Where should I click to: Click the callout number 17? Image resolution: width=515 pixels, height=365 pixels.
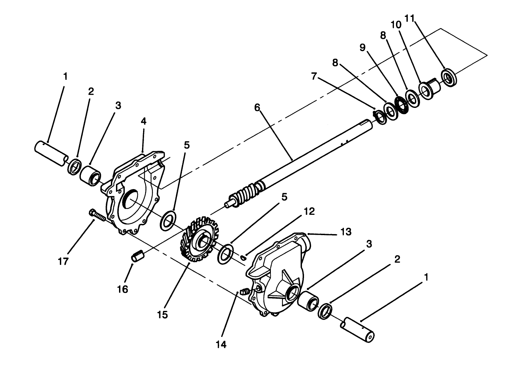[63, 261]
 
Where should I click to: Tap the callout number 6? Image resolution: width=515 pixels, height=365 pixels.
[257, 108]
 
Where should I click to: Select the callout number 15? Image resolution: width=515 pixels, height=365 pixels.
[163, 315]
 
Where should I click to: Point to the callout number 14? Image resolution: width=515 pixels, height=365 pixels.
[221, 344]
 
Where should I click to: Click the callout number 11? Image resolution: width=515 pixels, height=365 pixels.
[409, 18]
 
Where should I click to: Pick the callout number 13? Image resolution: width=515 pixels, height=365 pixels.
[346, 232]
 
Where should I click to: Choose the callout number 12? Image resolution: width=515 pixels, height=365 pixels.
[309, 211]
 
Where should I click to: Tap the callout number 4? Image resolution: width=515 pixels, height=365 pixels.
[144, 121]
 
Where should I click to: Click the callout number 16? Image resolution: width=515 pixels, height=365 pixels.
[122, 289]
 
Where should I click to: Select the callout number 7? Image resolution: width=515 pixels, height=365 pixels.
[314, 76]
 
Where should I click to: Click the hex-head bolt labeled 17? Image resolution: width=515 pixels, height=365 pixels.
[97, 215]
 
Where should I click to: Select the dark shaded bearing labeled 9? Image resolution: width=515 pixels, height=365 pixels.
[401, 105]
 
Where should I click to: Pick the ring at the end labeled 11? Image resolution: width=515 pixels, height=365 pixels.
[449, 77]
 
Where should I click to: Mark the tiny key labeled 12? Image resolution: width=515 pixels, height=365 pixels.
[243, 258]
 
